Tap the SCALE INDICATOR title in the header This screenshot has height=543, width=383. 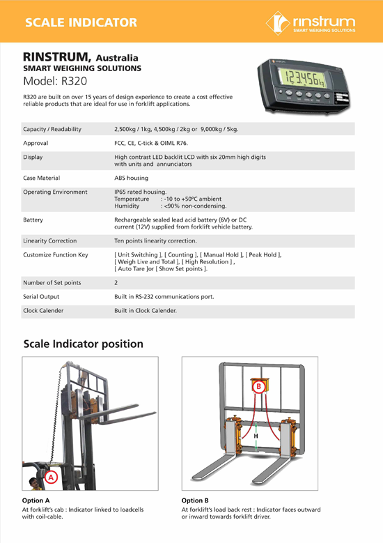[x=80, y=22]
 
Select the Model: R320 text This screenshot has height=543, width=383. [x=55, y=80]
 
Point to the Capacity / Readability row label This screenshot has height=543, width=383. [x=52, y=130]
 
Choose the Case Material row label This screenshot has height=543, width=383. [x=46, y=178]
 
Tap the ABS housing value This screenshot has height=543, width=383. [x=131, y=178]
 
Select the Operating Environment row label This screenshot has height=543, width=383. [x=56, y=192]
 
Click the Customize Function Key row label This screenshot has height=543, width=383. [x=56, y=255]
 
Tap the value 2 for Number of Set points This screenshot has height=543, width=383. [x=116, y=283]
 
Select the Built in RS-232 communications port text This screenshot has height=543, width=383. [x=164, y=297]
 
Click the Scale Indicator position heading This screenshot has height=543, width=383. [x=84, y=344]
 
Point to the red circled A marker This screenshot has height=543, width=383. [x=51, y=477]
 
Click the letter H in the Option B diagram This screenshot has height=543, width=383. [x=256, y=436]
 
